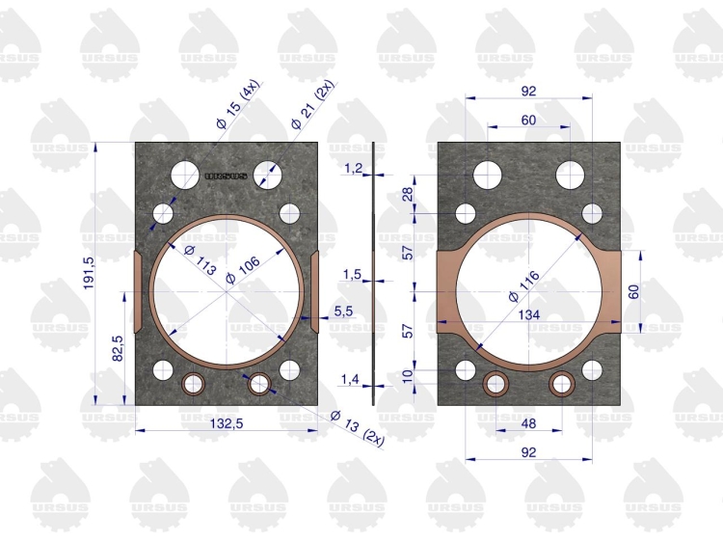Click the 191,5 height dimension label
tap(89, 274)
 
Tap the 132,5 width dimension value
tap(227, 423)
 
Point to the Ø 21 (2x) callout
tap(311, 106)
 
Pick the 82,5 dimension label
tap(117, 348)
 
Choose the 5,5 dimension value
tap(343, 312)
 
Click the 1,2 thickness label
tap(353, 169)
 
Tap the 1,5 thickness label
tap(352, 275)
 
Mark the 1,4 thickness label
tap(350, 380)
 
